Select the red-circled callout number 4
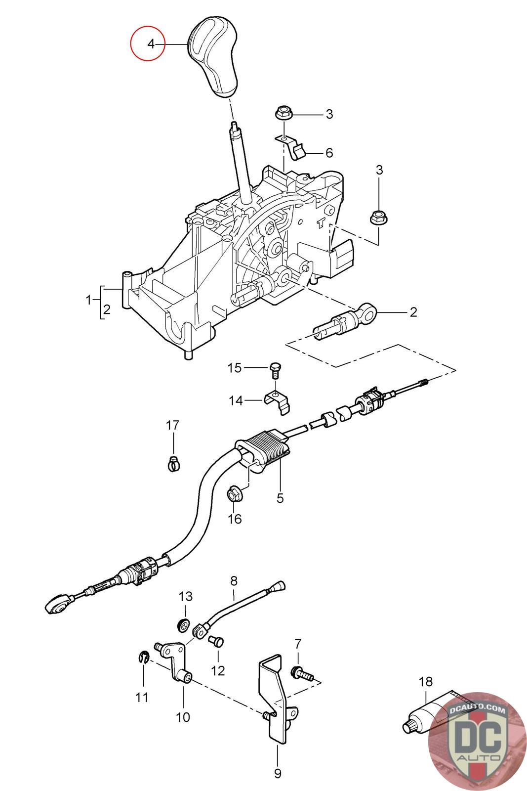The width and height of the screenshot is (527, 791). coord(151,44)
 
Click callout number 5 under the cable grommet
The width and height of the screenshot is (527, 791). coord(280,498)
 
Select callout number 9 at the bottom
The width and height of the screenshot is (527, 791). coord(277,772)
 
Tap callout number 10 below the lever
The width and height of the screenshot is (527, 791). coord(183,716)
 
